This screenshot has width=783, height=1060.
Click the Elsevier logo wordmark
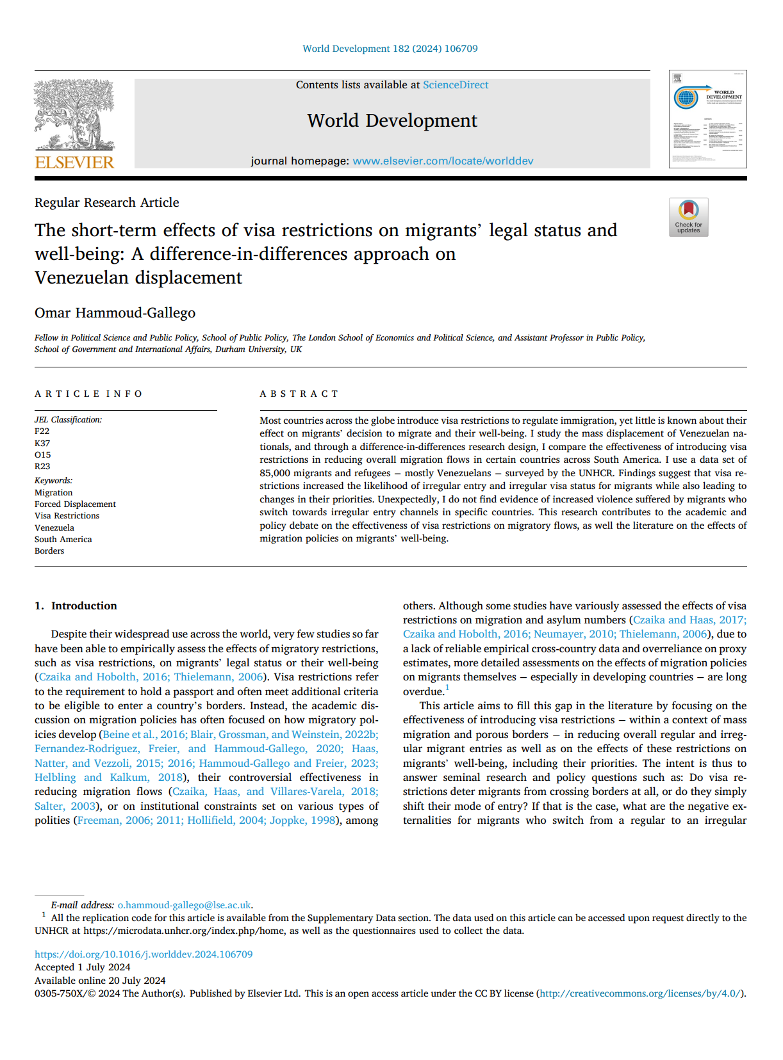point(74,163)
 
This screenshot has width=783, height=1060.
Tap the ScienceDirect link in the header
point(455,85)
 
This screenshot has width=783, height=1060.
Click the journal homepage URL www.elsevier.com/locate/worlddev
point(443,161)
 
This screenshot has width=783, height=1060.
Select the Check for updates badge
point(688,218)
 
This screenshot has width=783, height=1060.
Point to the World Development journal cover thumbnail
point(707,120)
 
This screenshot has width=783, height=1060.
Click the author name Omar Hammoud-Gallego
point(115,313)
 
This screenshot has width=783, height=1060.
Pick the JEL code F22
point(42,431)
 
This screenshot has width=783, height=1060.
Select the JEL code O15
point(43,455)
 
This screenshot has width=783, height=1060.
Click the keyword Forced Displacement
point(75,504)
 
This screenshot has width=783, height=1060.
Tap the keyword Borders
point(49,551)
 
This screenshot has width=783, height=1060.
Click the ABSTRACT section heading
point(299,394)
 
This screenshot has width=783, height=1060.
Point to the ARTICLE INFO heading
point(88,394)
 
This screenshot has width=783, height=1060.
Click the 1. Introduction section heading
point(76,606)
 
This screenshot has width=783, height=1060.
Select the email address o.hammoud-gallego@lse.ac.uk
point(185,905)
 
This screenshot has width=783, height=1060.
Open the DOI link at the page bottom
point(144,954)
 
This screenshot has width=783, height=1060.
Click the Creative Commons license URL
point(640,993)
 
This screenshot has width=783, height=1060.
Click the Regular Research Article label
point(107,202)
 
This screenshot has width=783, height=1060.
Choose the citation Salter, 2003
point(65,806)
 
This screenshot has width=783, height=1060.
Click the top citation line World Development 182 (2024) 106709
point(390,49)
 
